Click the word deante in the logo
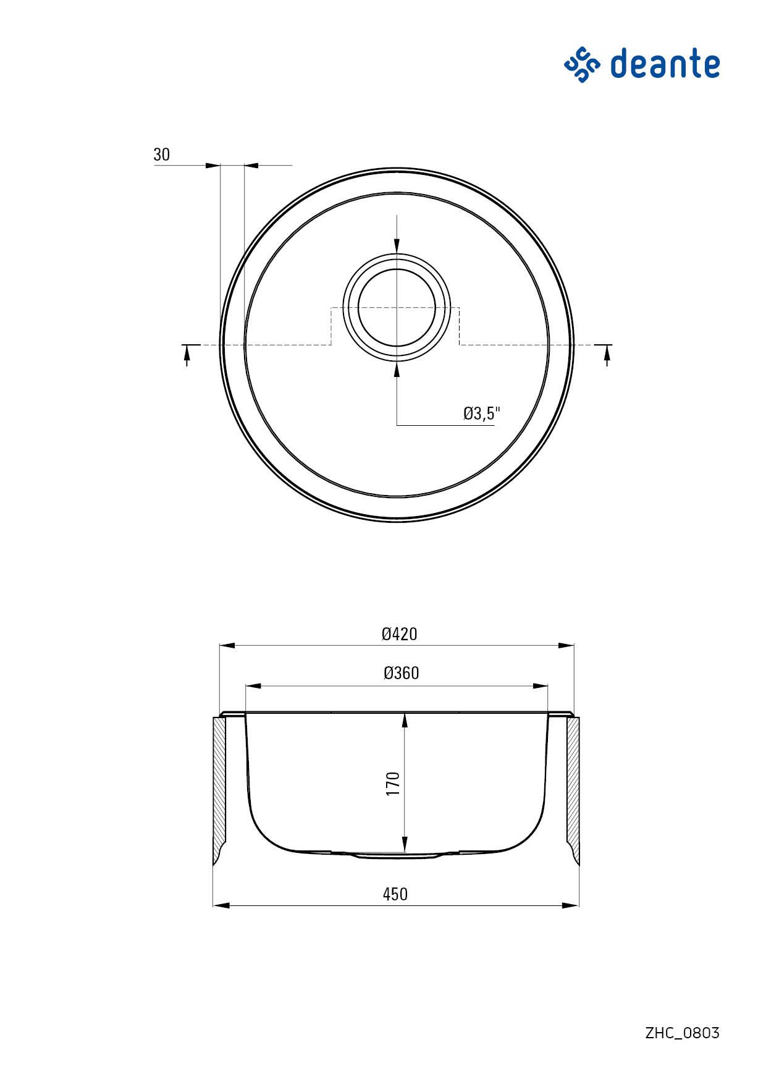click(665, 64)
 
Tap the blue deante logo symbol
click(582, 64)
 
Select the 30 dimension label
click(161, 155)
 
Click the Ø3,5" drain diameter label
click(482, 413)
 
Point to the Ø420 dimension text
click(399, 634)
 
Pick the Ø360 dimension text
click(401, 673)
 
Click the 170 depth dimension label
click(394, 783)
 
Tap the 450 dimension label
click(395, 894)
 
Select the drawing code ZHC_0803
click(683, 1033)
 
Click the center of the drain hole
click(397, 307)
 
